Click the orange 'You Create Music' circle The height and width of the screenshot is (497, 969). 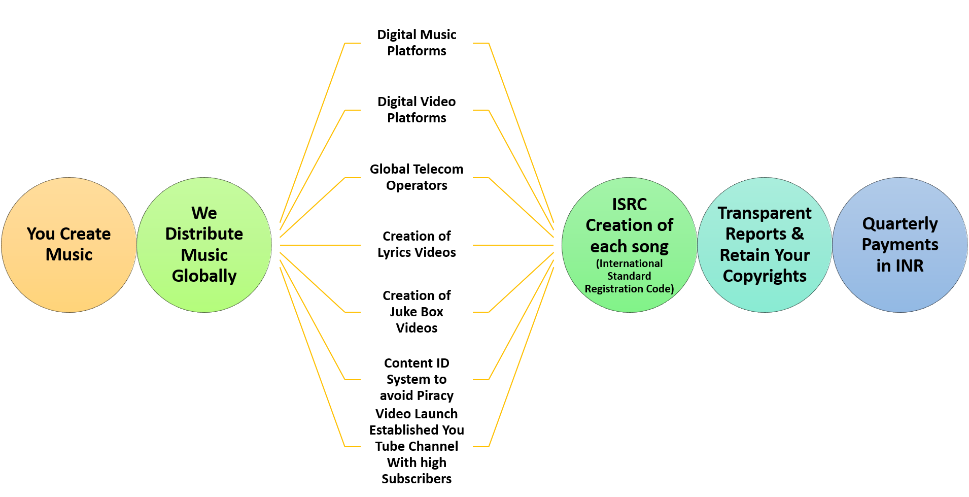69,245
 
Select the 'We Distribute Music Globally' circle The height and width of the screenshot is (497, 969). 204,245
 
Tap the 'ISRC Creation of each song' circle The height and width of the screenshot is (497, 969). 630,245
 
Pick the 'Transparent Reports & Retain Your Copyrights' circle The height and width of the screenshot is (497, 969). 765,245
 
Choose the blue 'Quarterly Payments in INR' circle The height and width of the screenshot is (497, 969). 900,245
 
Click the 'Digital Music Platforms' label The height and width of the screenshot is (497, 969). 417,43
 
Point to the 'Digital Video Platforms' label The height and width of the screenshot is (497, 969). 417,110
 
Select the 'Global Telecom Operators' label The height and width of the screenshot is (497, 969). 417,177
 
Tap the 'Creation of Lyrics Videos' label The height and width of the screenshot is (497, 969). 417,244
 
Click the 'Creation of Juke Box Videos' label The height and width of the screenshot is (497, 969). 417,312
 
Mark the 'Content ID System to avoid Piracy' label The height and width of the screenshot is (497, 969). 417,379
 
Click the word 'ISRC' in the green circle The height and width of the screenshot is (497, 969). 630,204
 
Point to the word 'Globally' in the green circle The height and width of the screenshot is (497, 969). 204,276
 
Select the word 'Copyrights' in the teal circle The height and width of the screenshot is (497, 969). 765,276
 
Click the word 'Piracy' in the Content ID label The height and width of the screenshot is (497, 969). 435,395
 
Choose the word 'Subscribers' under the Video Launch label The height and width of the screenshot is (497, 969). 417,479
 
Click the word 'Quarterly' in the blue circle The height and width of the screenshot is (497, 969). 900,224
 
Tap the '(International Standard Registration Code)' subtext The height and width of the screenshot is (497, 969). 629,276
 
